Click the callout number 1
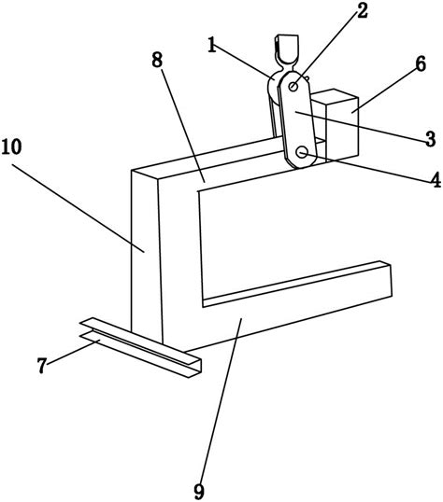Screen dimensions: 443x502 coord(211,45)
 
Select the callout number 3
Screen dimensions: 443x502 coord(430,139)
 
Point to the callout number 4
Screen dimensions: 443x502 coord(436,179)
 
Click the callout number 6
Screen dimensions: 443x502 coord(421,63)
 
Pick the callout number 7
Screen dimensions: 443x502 coord(42,365)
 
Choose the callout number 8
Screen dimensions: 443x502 coord(157,60)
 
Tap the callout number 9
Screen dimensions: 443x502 coord(199,492)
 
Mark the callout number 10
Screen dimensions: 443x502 coord(11,146)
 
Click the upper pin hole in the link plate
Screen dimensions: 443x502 coord(293,86)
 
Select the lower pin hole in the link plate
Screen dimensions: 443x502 coord(302,152)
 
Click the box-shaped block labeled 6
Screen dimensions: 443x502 coord(336,125)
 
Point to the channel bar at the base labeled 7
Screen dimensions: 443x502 coord(141,347)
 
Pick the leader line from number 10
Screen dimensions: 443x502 coord(79,208)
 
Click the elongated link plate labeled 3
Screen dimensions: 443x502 coord(298,119)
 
